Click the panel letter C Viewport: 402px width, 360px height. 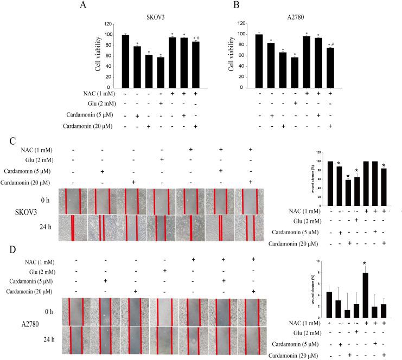coord(13,140)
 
